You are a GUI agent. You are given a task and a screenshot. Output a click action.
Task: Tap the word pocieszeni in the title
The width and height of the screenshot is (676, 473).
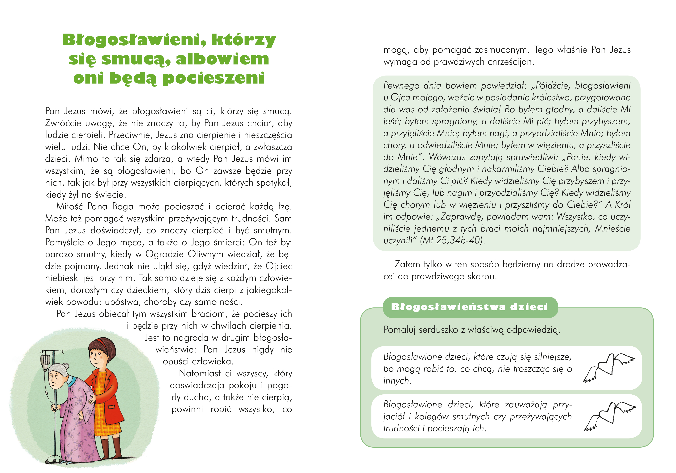click(x=214, y=78)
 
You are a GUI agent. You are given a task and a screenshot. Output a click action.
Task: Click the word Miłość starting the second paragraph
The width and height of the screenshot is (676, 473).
click(x=69, y=206)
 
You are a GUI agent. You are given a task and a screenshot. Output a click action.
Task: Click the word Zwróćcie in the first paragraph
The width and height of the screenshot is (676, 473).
click(x=63, y=123)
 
